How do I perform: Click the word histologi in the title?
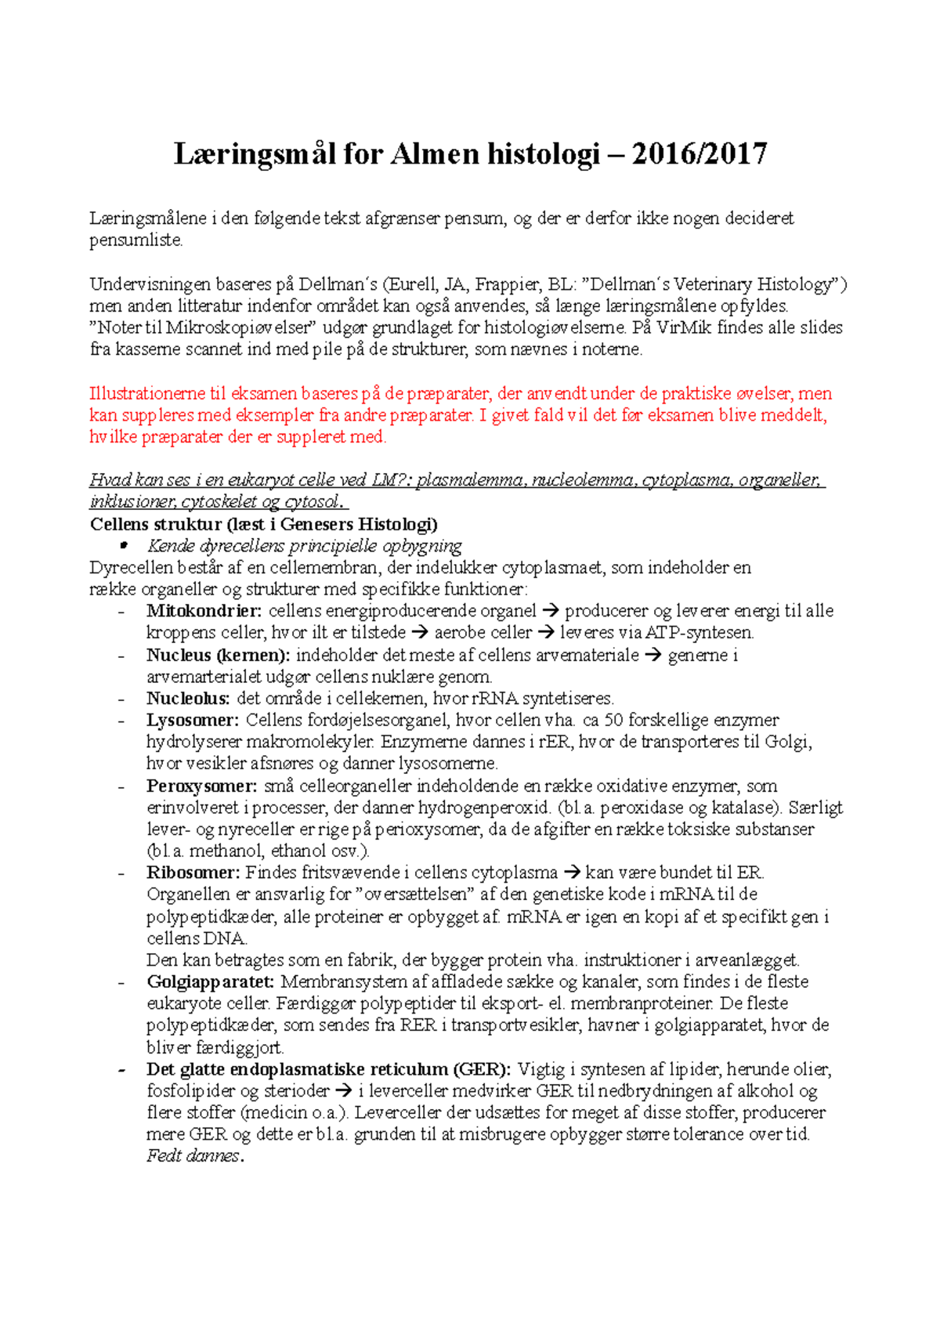[x=543, y=154]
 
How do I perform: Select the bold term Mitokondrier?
[x=204, y=611]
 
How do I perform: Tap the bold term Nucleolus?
[x=188, y=699]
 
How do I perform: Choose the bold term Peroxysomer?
[x=201, y=786]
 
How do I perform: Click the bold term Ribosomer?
[x=193, y=873]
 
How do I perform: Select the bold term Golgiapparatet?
[x=210, y=982]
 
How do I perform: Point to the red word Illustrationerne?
[x=147, y=393]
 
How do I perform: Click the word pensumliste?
[x=136, y=240]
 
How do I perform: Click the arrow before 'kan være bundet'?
[x=572, y=873]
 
